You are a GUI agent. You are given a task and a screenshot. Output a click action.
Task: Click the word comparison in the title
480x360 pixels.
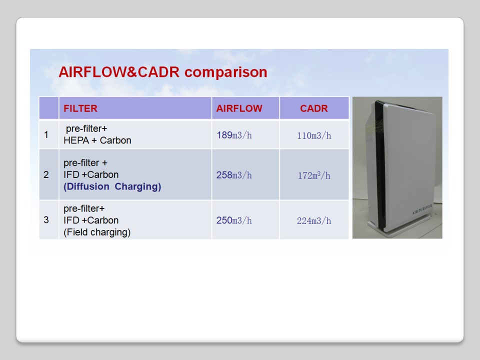225,72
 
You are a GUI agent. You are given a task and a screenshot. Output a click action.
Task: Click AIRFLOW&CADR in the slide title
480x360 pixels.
119,72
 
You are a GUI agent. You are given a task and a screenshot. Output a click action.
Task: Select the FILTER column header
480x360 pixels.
80,108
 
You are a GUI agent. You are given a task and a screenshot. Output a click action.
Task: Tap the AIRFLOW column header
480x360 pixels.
239,108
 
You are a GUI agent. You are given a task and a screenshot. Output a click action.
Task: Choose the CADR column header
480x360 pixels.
314,108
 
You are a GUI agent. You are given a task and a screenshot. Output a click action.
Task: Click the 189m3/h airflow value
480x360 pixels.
234,135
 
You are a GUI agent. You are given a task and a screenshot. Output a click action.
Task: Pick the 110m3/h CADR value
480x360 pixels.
314,135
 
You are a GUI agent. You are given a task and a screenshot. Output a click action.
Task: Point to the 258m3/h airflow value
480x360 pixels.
234,175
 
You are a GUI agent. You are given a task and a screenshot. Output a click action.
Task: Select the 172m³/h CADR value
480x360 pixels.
314,175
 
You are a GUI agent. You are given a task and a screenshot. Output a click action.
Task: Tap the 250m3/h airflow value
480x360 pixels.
234,220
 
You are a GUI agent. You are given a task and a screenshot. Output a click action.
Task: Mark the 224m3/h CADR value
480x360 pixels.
314,220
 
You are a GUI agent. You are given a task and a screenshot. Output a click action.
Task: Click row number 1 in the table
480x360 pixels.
46,134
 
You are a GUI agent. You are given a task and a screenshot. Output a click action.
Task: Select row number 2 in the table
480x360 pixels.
46,174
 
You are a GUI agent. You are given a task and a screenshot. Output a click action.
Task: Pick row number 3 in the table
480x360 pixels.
46,220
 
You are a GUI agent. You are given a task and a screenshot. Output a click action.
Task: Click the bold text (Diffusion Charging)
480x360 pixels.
112,186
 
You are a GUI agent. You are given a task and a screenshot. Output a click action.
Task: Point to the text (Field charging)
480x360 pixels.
97,232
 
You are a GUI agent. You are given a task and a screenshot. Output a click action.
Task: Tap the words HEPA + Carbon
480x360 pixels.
97,140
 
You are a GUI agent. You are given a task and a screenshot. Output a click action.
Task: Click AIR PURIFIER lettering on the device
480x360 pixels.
422,209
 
